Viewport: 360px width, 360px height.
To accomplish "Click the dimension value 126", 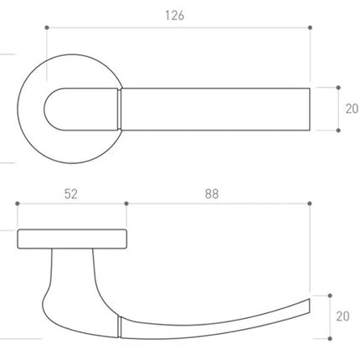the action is pyautogui.click(x=175, y=16).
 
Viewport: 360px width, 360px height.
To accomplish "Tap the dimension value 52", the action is pyautogui.click(x=71, y=194).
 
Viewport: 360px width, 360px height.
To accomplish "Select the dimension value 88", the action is pyautogui.click(x=212, y=194).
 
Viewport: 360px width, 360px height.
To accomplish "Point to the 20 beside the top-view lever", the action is pyautogui.click(x=352, y=109).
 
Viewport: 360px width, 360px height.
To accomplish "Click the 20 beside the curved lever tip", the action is pyautogui.click(x=343, y=316).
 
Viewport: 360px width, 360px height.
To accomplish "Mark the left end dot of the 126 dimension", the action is pyautogui.click(x=47, y=28).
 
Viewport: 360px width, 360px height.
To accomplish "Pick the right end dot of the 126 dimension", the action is pyautogui.click(x=310, y=28).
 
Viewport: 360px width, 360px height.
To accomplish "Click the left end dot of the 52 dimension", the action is pyautogui.click(x=18, y=203).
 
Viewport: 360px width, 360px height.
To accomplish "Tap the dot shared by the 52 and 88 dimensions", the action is pyautogui.click(x=126, y=203).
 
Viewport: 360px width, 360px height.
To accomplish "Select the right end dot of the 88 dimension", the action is pyautogui.click(x=310, y=203).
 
